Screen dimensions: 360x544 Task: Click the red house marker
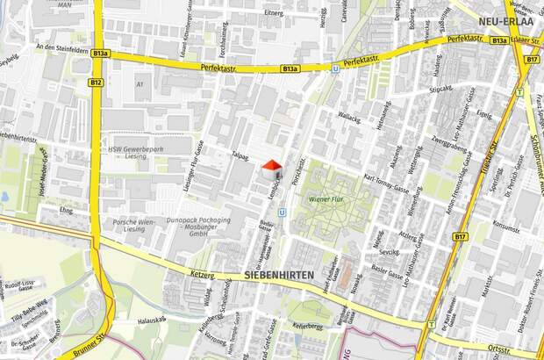272,167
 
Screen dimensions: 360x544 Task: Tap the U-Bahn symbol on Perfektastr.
335,66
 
